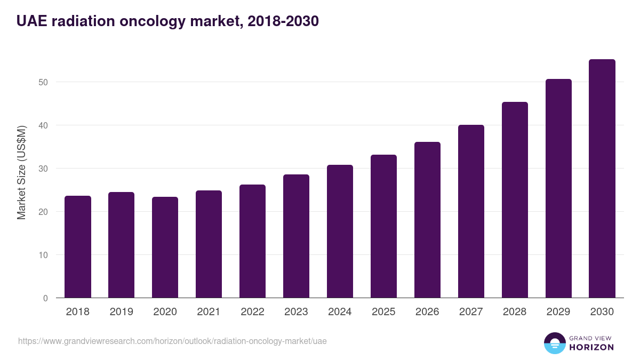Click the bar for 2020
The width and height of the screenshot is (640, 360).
tap(165, 247)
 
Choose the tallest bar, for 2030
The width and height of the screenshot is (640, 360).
tap(602, 179)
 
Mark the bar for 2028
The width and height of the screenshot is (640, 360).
tap(515, 200)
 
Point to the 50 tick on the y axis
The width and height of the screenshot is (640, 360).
tap(43, 82)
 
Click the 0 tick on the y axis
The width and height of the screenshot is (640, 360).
tap(45, 298)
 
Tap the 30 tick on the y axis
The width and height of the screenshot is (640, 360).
tap(43, 169)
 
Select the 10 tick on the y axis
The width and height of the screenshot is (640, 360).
tap(43, 255)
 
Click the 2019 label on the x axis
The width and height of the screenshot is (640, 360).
tap(122, 312)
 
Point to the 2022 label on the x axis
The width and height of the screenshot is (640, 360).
tap(253, 312)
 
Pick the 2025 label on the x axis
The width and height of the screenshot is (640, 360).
tap(384, 312)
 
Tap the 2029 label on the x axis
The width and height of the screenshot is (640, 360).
tap(558, 312)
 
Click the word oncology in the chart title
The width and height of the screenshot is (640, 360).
tap(159, 21)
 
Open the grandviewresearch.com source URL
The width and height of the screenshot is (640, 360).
tap(172, 341)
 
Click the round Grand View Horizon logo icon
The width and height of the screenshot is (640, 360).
tap(554, 343)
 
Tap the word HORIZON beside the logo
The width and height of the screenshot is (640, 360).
tap(592, 347)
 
